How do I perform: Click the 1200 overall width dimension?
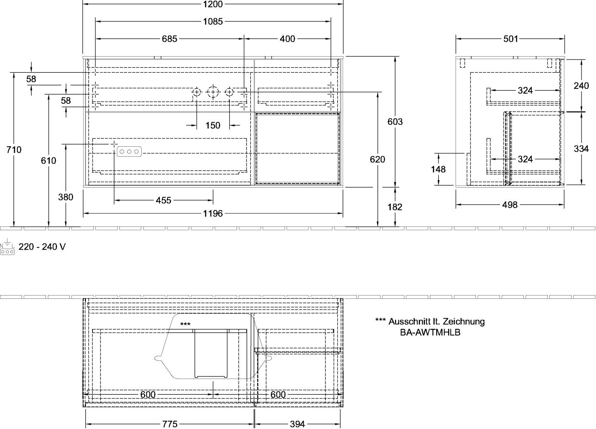pyautogui.click(x=213, y=4)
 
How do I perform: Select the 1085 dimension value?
pyautogui.click(x=213, y=21)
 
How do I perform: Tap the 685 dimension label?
pyautogui.click(x=169, y=39)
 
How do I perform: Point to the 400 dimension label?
pyautogui.click(x=287, y=39)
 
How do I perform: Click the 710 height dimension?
pyautogui.click(x=14, y=150)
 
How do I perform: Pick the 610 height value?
pyautogui.click(x=48, y=161)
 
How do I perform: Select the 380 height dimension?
pyautogui.click(x=66, y=197)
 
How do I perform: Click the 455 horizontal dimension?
pyautogui.click(x=164, y=200)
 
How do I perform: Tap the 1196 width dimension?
pyautogui.click(x=213, y=213)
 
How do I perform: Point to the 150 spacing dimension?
pyautogui.click(x=213, y=125)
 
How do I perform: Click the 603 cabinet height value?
pyautogui.click(x=395, y=122)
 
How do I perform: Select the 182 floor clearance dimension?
pyautogui.click(x=395, y=207)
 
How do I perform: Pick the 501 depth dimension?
pyautogui.click(x=511, y=39)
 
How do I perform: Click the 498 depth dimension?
pyautogui.click(x=510, y=205)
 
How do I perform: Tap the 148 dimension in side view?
pyautogui.click(x=438, y=169)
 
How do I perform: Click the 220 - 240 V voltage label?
pyautogui.click(x=42, y=247)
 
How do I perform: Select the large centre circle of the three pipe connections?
pyautogui.click(x=213, y=92)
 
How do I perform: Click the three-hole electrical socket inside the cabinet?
pyautogui.click(x=129, y=152)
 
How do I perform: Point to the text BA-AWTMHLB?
pyautogui.click(x=430, y=333)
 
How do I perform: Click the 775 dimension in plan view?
pyautogui.click(x=170, y=424)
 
